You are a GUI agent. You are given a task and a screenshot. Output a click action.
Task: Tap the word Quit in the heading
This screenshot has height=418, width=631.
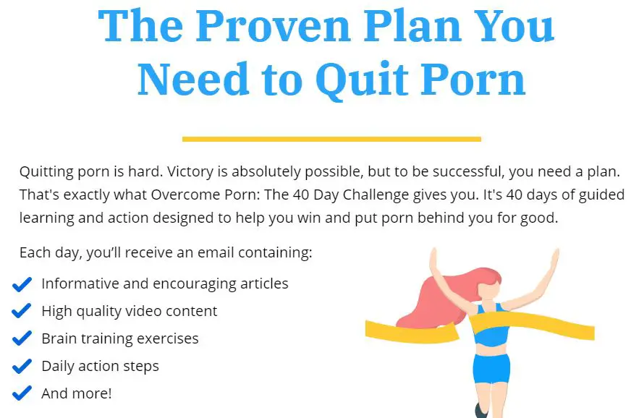362,80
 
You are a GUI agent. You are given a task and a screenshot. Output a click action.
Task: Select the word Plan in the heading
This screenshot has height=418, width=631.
412,26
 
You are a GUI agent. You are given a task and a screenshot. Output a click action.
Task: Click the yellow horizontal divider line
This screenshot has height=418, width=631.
331,139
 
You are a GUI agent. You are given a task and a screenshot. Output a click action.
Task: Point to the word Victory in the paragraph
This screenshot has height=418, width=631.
190,172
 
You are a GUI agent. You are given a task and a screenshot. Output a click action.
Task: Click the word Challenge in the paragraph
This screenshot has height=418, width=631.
376,195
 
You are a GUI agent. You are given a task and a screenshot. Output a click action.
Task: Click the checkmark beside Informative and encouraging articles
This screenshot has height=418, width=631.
22,284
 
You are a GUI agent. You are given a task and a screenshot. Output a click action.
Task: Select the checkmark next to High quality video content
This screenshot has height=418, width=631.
22,312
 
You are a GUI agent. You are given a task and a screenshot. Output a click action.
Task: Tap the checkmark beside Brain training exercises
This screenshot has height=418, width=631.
22,338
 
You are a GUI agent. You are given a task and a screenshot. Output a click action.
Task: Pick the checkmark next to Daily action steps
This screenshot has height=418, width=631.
22,367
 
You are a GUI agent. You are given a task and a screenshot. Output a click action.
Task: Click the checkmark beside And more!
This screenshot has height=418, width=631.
22,394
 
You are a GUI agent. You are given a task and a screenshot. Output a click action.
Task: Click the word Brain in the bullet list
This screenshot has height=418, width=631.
59,338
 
